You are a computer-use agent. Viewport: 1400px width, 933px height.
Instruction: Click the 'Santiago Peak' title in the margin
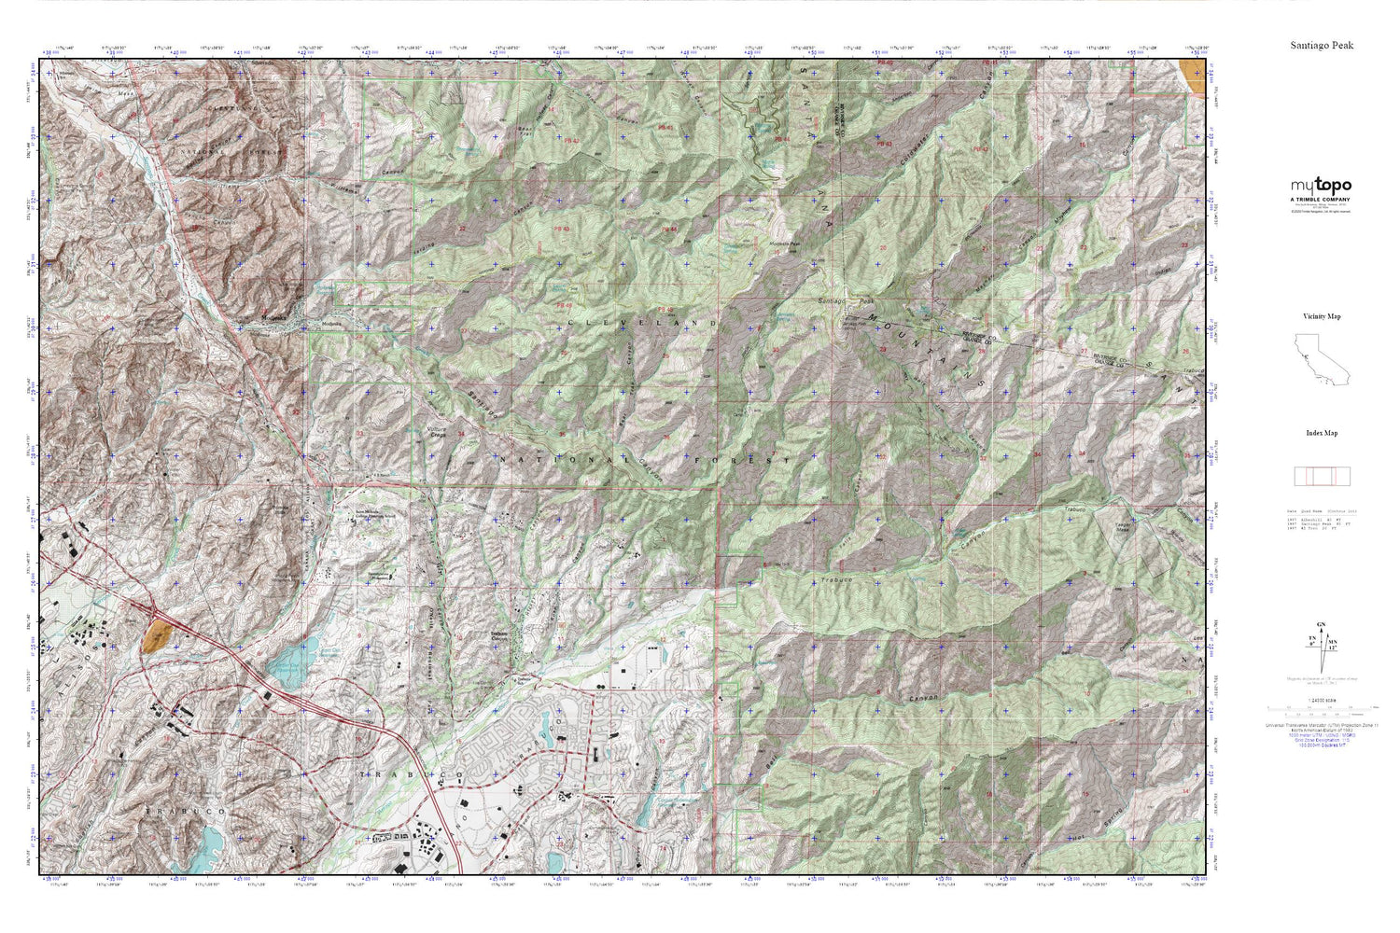click(1322, 45)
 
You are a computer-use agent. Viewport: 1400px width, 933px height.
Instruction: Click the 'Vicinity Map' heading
click(1322, 316)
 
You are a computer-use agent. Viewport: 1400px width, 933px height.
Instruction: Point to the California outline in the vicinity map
click(1320, 360)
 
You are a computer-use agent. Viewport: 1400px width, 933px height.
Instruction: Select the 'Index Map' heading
click(1322, 433)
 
